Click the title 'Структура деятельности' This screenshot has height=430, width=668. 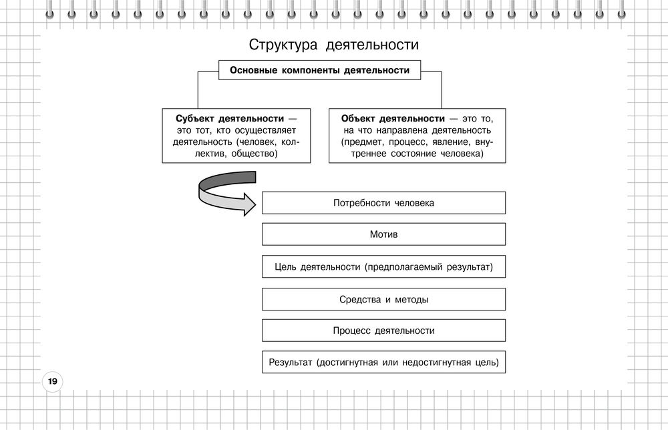click(x=334, y=45)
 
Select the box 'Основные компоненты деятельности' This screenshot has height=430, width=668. click(x=320, y=70)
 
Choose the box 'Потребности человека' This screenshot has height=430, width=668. click(x=383, y=203)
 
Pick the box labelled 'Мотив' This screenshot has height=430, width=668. click(x=383, y=234)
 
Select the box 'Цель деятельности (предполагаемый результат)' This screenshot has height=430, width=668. click(x=383, y=266)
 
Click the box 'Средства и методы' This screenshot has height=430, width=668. click(x=383, y=299)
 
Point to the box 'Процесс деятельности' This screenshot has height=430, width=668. click(x=383, y=331)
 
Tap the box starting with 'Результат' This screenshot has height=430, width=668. click(x=383, y=363)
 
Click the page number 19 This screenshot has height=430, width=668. click(x=51, y=382)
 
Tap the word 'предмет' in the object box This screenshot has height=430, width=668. click(x=363, y=142)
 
